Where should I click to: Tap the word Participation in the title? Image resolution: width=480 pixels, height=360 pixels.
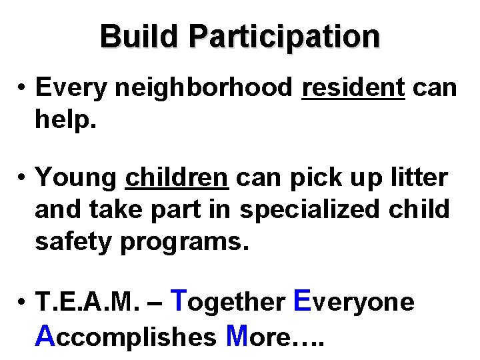pos(285,37)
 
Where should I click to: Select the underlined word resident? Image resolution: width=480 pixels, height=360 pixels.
pos(353,87)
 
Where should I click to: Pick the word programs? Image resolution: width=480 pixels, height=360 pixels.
pos(184,241)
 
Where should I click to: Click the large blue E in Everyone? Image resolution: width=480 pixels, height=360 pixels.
pos(301,300)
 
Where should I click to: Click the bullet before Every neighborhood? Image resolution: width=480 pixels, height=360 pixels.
pos(23,88)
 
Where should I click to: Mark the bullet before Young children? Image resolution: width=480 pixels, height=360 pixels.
pos(23,178)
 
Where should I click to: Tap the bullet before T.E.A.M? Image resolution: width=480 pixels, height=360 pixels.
pos(23,303)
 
